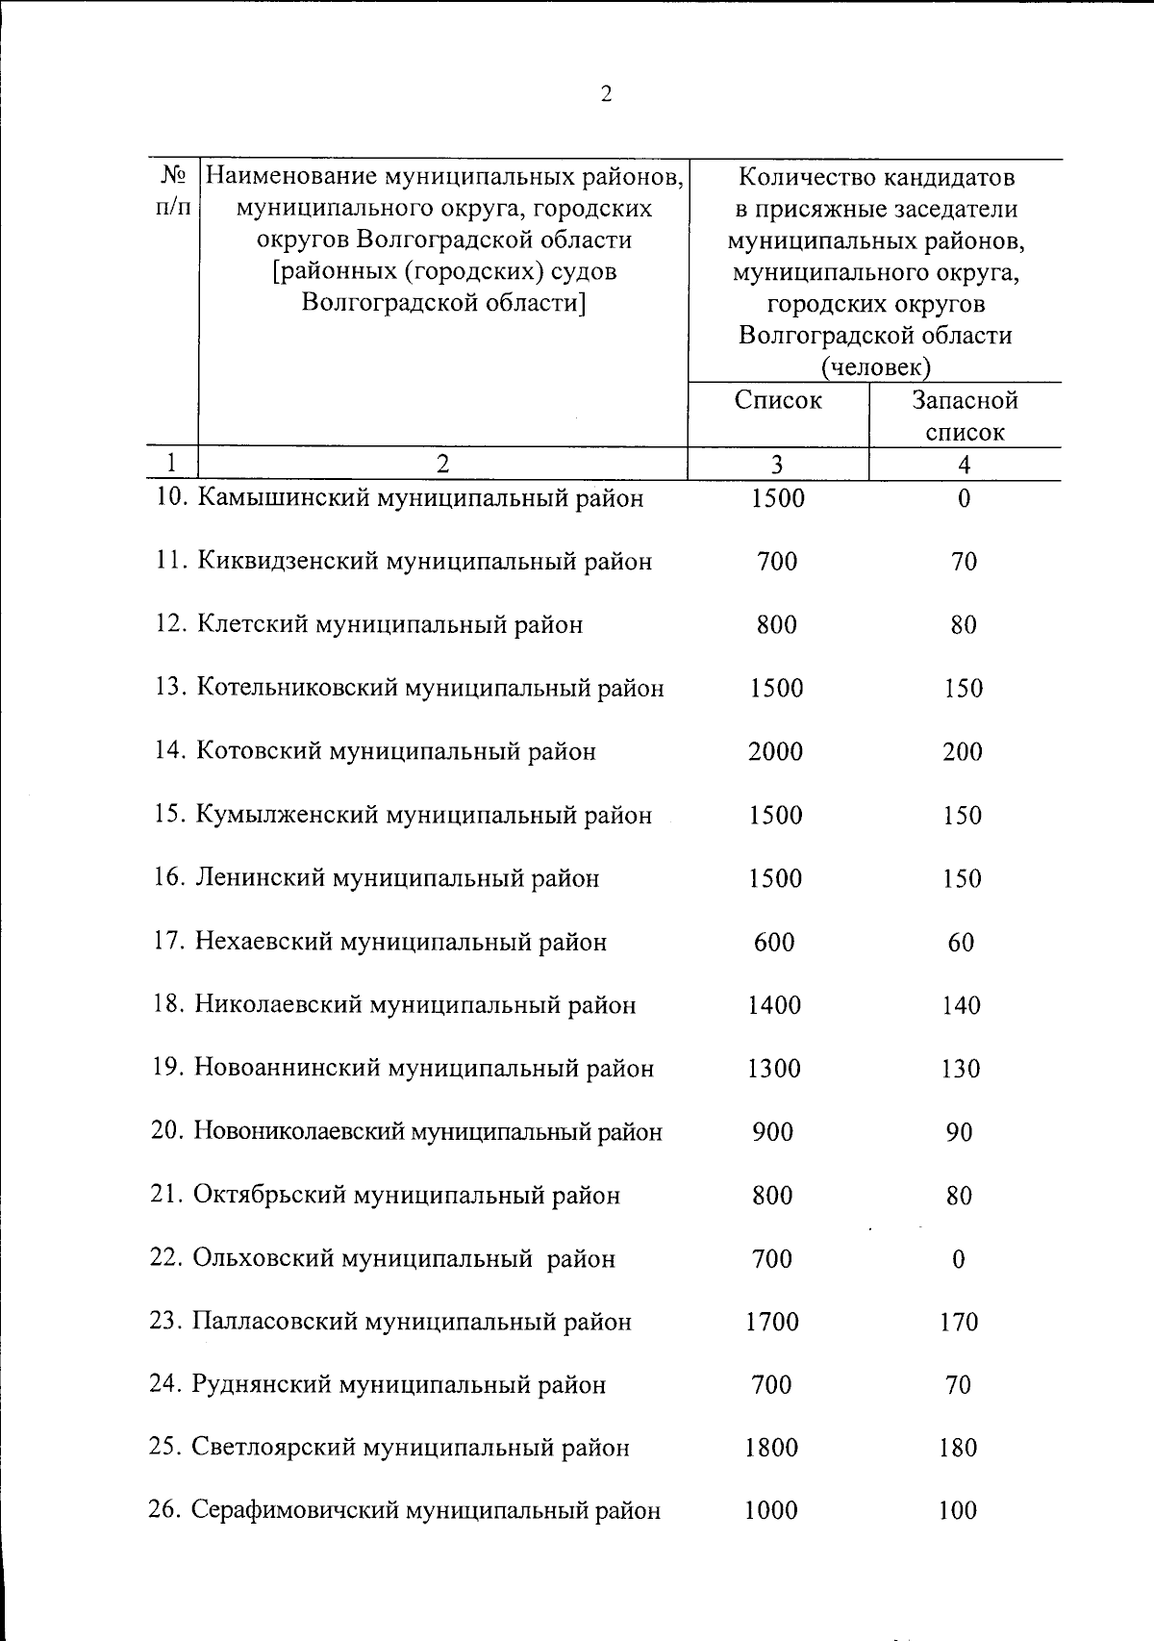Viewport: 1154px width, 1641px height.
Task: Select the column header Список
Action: [777, 400]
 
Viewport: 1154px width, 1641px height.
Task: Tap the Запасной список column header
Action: [965, 416]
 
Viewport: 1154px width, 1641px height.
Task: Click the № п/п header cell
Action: [172, 192]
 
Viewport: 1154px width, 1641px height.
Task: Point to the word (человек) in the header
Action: [875, 367]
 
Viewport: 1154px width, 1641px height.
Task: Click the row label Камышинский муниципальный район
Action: [419, 498]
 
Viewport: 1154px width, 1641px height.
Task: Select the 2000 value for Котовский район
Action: [775, 751]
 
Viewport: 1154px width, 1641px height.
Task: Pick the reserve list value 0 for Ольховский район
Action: [958, 1259]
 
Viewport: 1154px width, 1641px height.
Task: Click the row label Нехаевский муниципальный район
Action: [401, 942]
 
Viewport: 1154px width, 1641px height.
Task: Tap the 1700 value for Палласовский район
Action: [772, 1322]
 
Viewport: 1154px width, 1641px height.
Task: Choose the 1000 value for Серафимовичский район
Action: [771, 1511]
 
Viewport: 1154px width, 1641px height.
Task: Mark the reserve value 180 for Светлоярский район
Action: [958, 1448]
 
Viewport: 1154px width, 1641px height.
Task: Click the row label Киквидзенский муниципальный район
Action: [424, 562]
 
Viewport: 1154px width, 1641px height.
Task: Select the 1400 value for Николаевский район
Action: [774, 1005]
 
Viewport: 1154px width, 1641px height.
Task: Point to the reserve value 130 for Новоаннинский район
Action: [961, 1069]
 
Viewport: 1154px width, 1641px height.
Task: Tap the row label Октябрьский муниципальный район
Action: [406, 1196]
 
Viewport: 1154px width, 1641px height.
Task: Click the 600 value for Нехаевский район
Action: [774, 942]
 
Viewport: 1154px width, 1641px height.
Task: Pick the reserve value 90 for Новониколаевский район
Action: [959, 1132]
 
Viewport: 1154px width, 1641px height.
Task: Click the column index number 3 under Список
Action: [776, 465]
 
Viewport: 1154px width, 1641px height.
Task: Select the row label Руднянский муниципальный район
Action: [399, 1385]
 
